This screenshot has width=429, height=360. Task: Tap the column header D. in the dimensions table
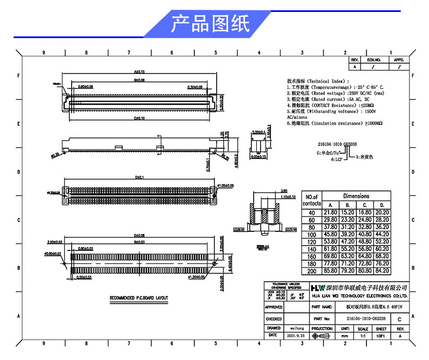point(382,204)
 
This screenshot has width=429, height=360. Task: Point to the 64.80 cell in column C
point(364,256)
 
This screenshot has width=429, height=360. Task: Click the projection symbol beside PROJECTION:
point(322,337)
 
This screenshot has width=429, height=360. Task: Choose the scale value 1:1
point(363,337)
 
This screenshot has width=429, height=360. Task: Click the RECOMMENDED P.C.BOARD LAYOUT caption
point(139,298)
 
